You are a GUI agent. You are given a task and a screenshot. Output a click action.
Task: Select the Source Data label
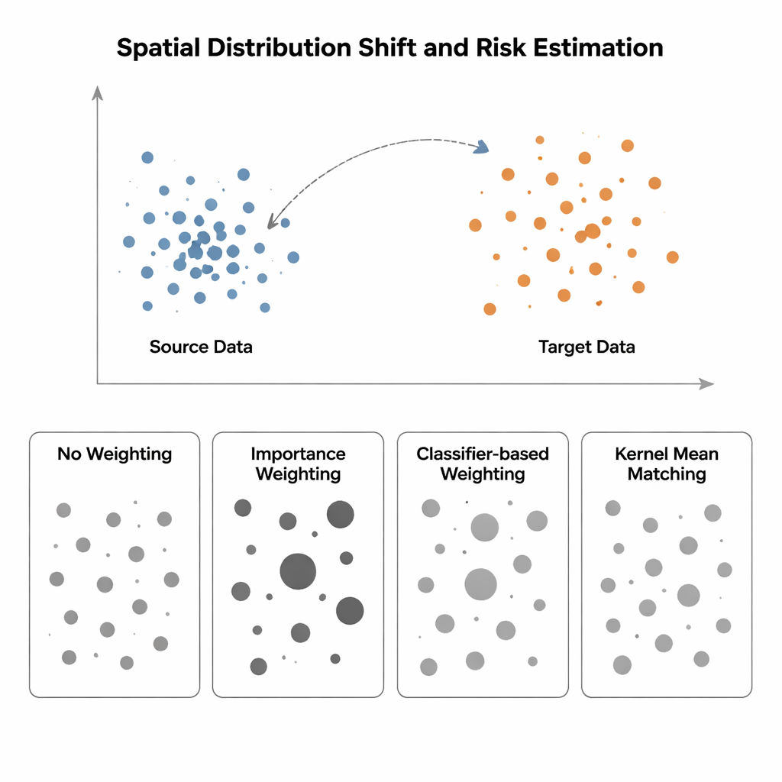[x=201, y=347]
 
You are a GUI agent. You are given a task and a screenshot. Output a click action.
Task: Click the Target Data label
[x=586, y=347]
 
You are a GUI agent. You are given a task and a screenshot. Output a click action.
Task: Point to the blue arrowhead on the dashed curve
[x=481, y=147]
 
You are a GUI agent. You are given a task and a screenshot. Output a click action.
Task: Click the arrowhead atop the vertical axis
[x=97, y=93]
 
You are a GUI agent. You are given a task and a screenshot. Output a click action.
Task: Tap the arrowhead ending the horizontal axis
[x=706, y=384]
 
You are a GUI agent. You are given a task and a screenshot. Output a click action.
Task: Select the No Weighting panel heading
[x=115, y=454]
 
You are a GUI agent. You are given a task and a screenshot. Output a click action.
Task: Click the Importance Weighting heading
[x=298, y=464]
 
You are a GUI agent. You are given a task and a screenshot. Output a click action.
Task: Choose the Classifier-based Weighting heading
[x=483, y=464]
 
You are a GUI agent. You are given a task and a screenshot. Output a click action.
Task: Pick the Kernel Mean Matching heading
[x=667, y=464]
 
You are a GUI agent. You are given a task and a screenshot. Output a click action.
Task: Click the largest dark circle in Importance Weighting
[x=298, y=571]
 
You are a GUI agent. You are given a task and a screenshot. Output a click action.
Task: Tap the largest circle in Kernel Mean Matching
[x=689, y=595]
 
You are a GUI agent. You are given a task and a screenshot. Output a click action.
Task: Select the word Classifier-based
[x=483, y=454]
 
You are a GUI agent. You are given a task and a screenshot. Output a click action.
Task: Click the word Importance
[x=298, y=454]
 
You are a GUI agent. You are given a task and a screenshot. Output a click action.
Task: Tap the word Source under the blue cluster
[x=178, y=347]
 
